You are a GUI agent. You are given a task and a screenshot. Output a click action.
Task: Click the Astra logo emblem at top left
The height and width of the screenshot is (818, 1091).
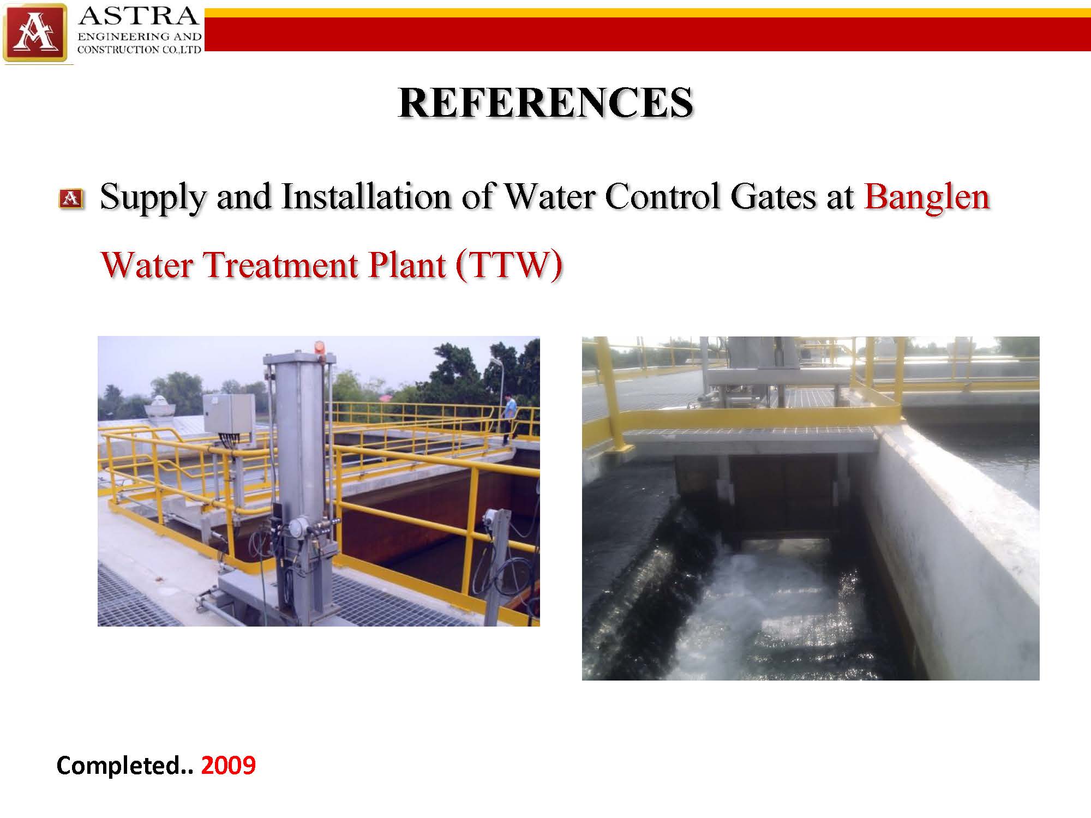click(35, 33)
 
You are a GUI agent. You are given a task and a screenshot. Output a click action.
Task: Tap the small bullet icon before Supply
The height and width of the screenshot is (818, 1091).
click(71, 199)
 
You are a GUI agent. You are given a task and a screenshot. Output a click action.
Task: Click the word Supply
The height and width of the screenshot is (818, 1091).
click(153, 198)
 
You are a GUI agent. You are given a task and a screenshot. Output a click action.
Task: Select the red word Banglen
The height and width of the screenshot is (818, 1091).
click(927, 197)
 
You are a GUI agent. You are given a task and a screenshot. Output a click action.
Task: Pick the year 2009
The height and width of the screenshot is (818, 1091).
click(228, 765)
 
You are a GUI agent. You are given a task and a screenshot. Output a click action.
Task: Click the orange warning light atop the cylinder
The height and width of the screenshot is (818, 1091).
click(318, 347)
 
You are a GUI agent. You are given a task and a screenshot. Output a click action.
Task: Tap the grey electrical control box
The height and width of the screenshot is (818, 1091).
click(229, 413)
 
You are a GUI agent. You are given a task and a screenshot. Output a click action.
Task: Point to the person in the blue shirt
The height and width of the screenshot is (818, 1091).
click(509, 418)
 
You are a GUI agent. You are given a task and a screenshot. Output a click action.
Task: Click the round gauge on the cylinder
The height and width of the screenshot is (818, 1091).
click(297, 526)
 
